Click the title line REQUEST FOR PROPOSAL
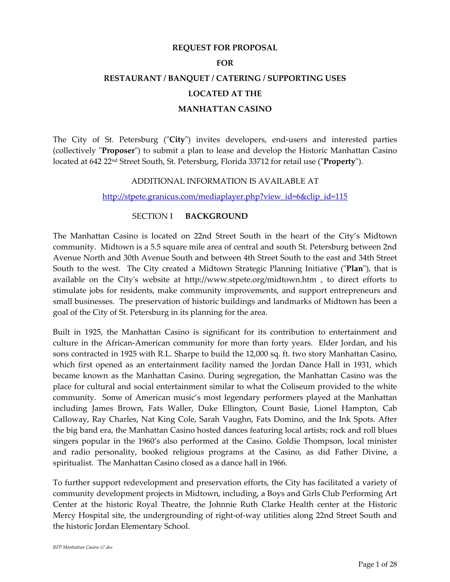(225, 48)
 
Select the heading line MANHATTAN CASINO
(225, 109)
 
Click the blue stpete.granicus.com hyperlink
(225, 197)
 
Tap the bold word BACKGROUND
(217, 216)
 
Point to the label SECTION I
(152, 216)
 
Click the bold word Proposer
(118, 151)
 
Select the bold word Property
(339, 162)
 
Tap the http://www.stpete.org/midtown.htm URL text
(250, 280)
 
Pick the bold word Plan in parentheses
(354, 269)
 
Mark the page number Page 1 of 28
(377, 564)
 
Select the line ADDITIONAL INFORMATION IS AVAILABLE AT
(225, 181)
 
